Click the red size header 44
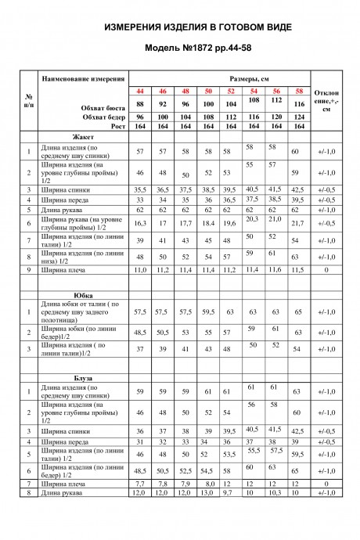click(x=140, y=92)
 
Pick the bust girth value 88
click(x=140, y=104)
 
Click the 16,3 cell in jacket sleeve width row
click(x=140, y=223)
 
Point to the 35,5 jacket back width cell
click(x=140, y=189)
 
